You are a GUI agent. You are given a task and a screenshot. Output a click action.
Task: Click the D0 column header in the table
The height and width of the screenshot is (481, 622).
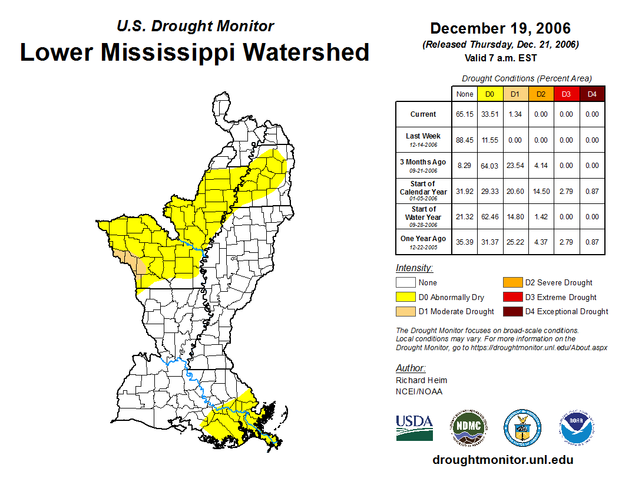click(x=489, y=94)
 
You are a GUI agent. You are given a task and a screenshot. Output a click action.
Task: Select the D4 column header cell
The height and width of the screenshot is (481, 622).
click(x=592, y=94)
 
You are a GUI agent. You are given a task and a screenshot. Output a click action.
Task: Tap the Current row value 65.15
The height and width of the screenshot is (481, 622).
click(x=464, y=114)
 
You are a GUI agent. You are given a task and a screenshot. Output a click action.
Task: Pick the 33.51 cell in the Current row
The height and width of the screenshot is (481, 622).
click(x=489, y=114)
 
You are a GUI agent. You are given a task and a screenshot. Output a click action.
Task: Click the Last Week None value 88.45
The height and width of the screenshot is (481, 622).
click(x=464, y=140)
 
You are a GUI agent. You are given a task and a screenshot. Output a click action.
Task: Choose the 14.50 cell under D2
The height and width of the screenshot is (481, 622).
click(x=541, y=191)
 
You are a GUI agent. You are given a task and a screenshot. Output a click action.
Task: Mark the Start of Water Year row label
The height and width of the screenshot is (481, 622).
click(x=424, y=216)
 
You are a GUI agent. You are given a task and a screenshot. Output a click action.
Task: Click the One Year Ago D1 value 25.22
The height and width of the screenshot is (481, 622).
click(x=515, y=242)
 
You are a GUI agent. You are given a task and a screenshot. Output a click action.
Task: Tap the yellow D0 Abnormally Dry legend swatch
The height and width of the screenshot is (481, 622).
click(x=406, y=297)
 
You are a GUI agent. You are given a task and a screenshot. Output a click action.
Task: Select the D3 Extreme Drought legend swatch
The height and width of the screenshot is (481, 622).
click(x=512, y=297)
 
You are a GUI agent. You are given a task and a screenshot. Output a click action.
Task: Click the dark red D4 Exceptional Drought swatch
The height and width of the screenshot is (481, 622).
click(x=512, y=311)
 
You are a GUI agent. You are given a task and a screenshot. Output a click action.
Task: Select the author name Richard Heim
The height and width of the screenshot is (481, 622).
click(x=421, y=380)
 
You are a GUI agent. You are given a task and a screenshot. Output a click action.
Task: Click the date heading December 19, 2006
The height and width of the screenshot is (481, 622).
click(x=500, y=28)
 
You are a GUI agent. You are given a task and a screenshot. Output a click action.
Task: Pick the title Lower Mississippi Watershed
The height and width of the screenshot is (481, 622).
click(x=195, y=52)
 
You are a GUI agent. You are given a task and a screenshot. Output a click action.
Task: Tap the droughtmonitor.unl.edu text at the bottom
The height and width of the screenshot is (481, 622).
click(x=502, y=460)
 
